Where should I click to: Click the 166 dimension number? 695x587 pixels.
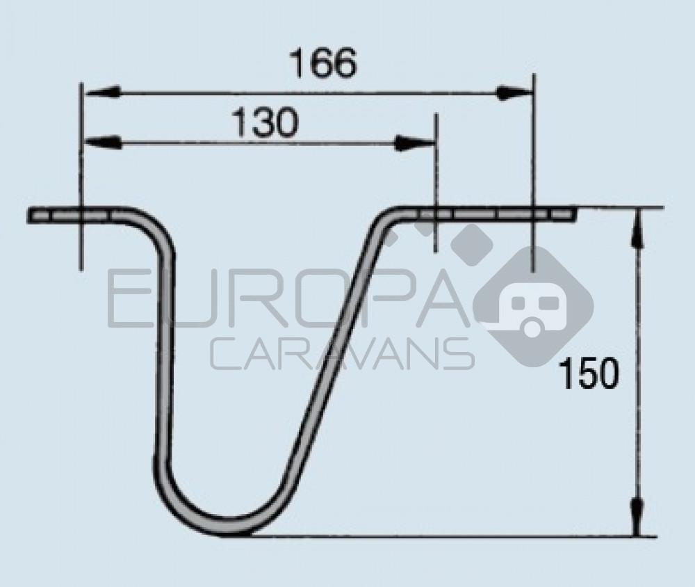322,63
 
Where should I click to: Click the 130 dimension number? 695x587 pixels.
265,122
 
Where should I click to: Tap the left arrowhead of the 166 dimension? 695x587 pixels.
102,92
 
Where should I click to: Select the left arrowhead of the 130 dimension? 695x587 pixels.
102,143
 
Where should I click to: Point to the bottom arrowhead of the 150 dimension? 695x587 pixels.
637,517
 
